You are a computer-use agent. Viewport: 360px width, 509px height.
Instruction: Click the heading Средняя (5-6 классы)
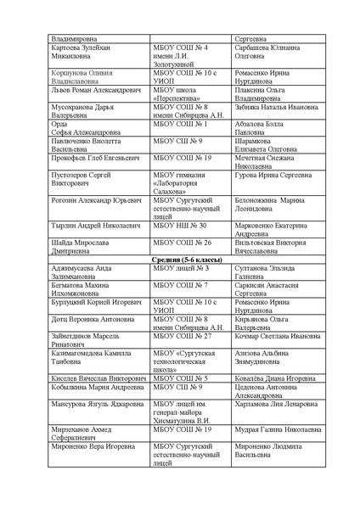[x=180, y=259]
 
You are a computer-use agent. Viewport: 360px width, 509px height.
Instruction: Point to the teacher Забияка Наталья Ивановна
[x=275, y=109]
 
